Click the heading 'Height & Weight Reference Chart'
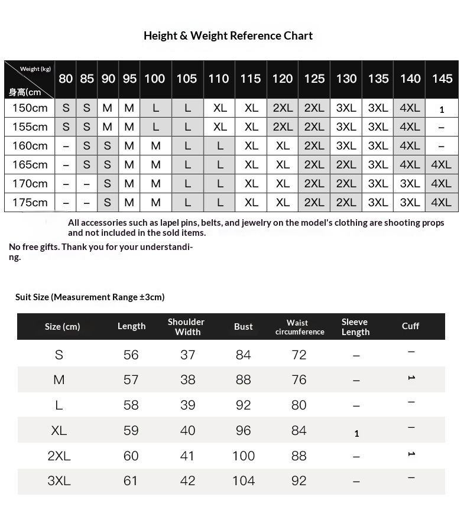point(228,35)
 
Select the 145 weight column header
point(442,79)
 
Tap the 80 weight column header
point(66,79)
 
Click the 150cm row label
point(30,108)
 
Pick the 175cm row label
point(30,202)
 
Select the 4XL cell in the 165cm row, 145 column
point(441,164)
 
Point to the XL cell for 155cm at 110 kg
point(220,126)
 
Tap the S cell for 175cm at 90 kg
point(108,202)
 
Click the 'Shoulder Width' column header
point(186,327)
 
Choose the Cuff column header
point(410,326)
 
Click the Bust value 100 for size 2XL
point(244,456)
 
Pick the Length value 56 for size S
point(131,355)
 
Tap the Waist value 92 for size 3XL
point(299,480)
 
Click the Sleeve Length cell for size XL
point(356,433)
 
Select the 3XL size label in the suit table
point(59,480)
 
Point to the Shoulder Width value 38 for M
point(187,379)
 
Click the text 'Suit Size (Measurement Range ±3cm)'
point(90,297)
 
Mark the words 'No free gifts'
point(33,246)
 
